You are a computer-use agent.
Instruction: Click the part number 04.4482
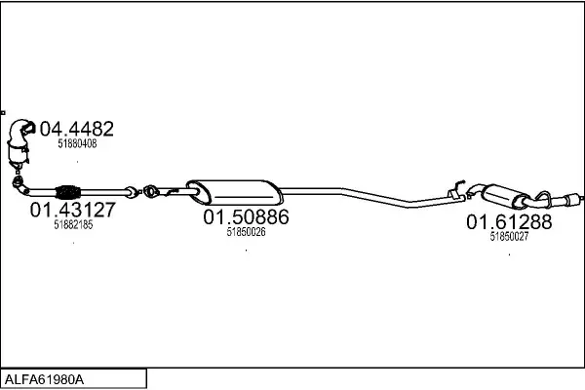[76, 129]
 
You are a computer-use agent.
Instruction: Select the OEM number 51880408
[77, 143]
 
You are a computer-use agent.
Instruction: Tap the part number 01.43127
[73, 210]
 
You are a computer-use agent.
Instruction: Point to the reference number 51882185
[73, 224]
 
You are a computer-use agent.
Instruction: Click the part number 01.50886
[247, 216]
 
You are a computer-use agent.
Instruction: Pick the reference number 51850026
[247, 232]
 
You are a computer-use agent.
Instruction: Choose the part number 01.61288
[509, 221]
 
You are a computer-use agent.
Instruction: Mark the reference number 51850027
[509, 236]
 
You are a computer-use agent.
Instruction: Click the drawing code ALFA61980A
[45, 380]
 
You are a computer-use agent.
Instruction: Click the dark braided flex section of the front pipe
[67, 192]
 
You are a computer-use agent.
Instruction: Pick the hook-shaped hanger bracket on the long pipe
[456, 189]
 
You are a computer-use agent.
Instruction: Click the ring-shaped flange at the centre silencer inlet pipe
[150, 191]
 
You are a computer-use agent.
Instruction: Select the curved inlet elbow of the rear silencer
[474, 189]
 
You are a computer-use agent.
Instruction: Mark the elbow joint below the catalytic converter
[19, 185]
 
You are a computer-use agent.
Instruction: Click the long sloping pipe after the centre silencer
[373, 196]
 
